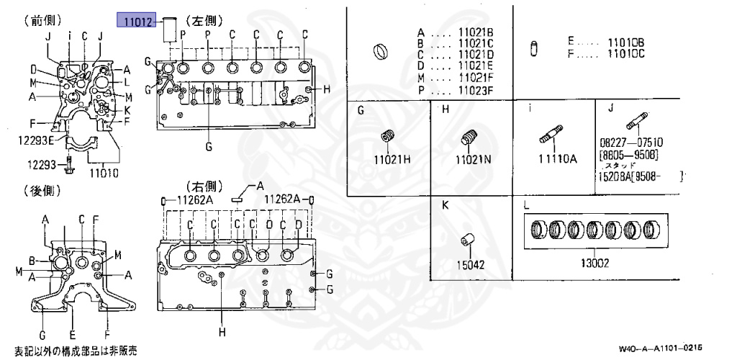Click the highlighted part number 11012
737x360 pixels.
pos(137,22)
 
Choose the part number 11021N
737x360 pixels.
pos(472,159)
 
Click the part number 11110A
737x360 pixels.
pos(558,159)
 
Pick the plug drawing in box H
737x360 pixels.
pos(471,137)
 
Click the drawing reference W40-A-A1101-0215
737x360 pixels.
pos(660,347)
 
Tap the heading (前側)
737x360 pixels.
pos(43,21)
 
